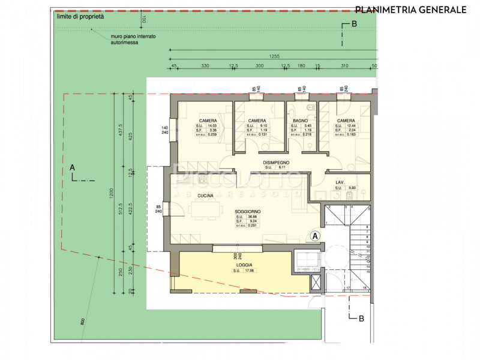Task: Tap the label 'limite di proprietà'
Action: click(80, 17)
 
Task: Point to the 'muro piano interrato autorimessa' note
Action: click(133, 40)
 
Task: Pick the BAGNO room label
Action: click(300, 121)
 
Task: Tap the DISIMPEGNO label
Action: click(277, 163)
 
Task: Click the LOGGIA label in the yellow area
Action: click(244, 265)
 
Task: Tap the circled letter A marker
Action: click(315, 236)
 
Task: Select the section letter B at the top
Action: click(354, 24)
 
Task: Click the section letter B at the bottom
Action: click(361, 319)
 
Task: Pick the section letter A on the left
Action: click(73, 167)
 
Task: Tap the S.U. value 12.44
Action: click(353, 126)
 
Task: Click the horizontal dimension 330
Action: click(205, 65)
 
